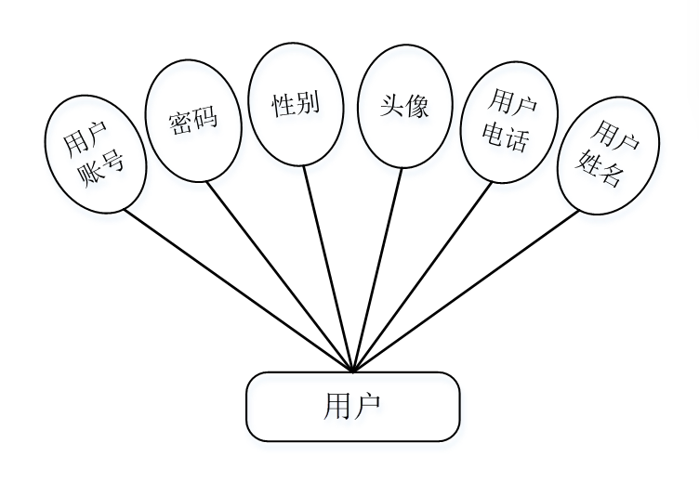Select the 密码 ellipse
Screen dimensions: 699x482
pos(193,121)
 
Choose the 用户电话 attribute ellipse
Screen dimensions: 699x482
pos(509,123)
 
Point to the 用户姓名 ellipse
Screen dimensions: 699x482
pos(609,154)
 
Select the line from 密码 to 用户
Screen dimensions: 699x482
pos(279,275)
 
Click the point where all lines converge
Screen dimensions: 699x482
pos(353,371)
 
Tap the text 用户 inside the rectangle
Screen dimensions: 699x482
pos(352,407)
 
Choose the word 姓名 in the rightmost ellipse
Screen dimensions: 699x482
pos(603,169)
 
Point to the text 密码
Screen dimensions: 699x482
pos(193,122)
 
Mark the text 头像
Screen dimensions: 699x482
pos(404,105)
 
